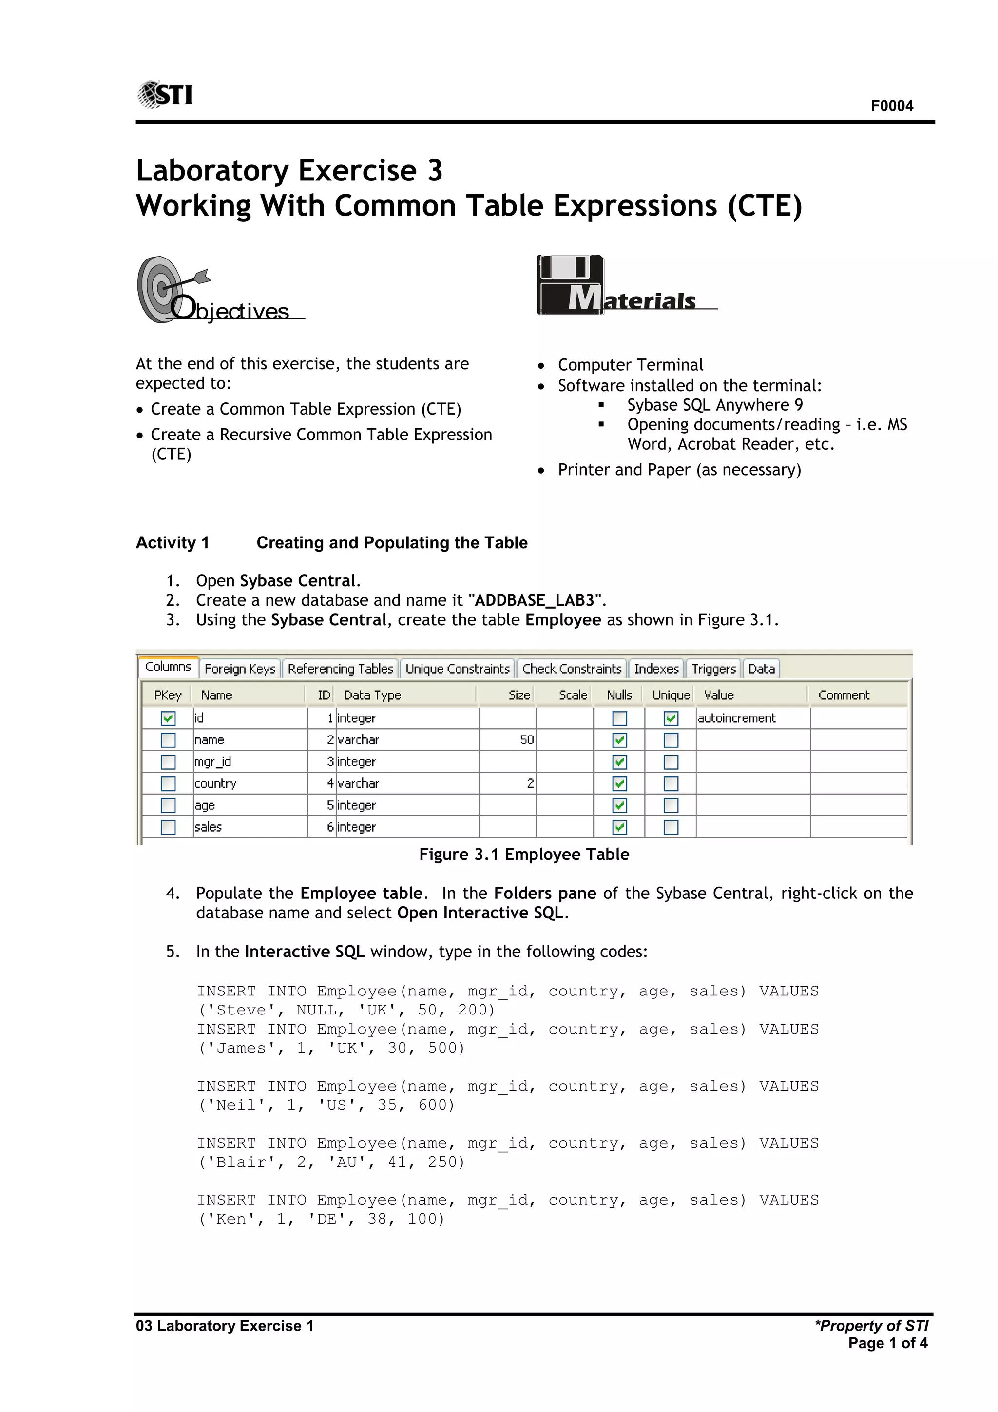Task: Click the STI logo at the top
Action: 165,94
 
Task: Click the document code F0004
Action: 891,106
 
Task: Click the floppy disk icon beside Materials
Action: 570,284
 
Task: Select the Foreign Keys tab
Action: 240,669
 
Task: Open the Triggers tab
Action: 713,669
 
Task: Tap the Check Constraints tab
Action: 572,669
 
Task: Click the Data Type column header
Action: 372,695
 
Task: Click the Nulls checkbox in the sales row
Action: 619,827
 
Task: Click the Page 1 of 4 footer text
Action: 887,1343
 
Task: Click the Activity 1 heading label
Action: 173,542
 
